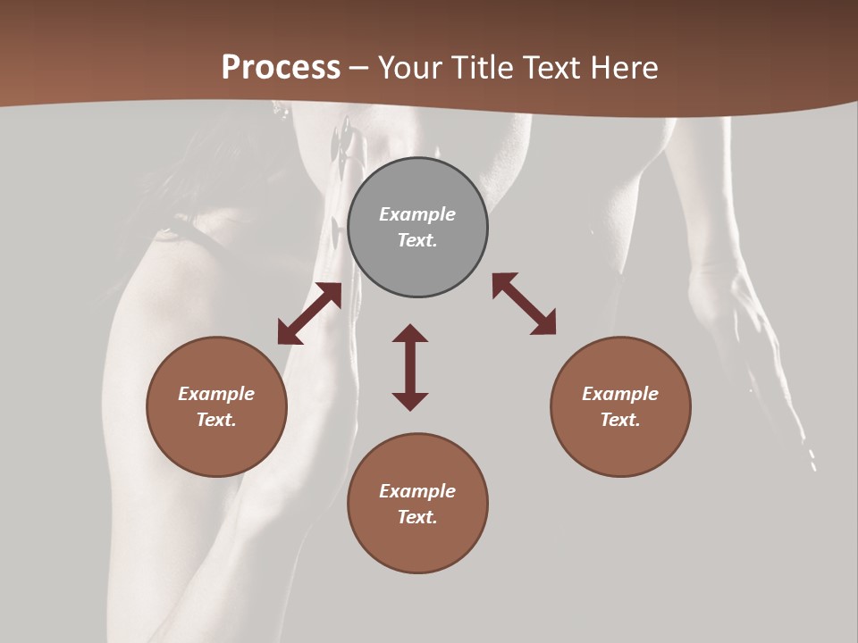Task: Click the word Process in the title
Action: point(281,68)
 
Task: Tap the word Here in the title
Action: point(625,68)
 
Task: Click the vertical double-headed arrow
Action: point(410,367)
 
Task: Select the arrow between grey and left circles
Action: point(309,313)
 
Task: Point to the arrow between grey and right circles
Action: point(525,304)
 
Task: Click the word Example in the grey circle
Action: point(417,214)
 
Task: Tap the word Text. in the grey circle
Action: point(417,240)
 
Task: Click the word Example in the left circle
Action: point(216,394)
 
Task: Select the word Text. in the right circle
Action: point(620,420)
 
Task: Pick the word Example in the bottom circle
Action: point(417,491)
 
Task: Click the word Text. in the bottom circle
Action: point(417,517)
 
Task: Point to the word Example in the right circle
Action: point(620,394)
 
